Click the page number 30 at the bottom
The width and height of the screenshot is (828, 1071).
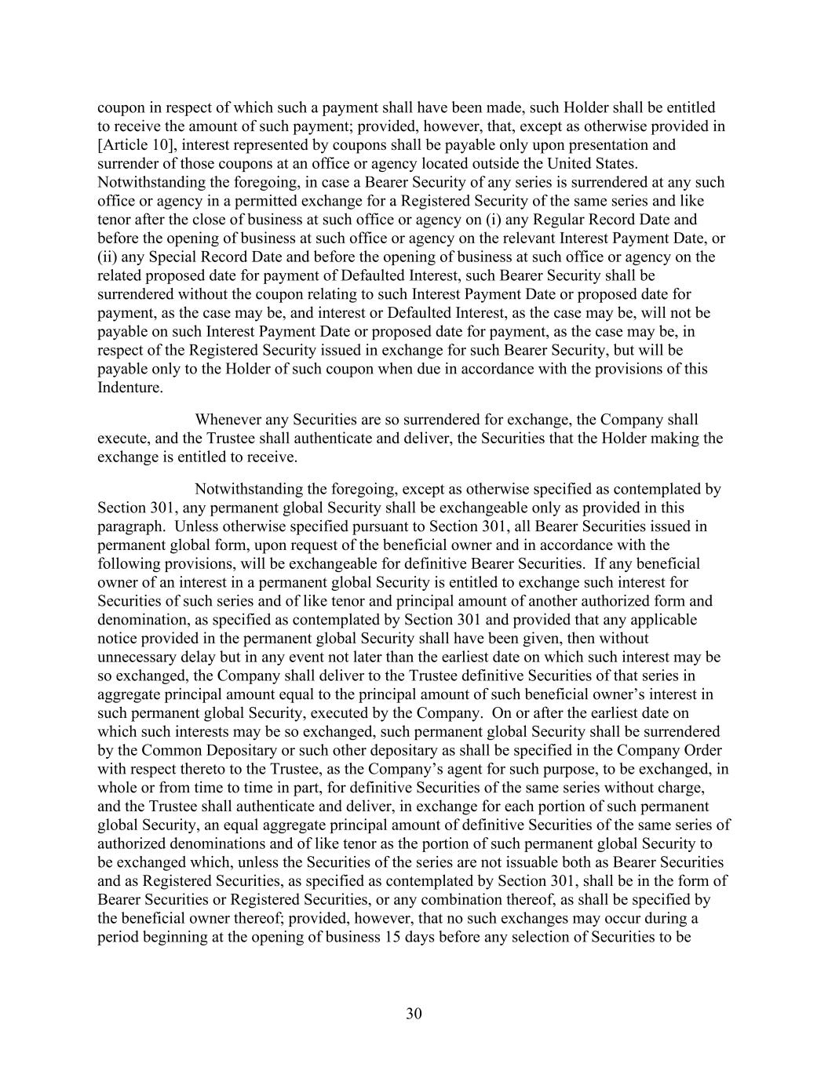[x=414, y=1014]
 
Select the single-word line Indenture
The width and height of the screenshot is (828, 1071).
[x=130, y=388]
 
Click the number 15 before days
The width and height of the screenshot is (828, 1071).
[x=392, y=938]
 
